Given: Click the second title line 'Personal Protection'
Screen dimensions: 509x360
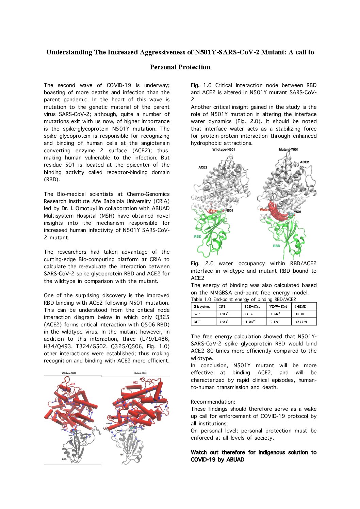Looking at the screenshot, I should pyautogui.click(x=180, y=67).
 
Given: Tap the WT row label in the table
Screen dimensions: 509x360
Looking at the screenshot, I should pyautogui.click(x=197, y=314).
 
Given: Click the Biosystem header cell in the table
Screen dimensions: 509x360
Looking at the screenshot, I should pyautogui.click(x=202, y=306).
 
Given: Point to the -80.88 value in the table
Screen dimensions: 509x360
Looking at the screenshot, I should pyautogui.click(x=299, y=314).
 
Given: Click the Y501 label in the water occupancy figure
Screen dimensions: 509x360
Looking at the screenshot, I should pyautogui.click(x=298, y=212).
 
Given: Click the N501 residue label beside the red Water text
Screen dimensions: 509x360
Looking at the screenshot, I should pyautogui.click(x=229, y=210).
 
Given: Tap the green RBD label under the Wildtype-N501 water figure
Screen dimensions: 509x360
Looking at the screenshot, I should pyautogui.click(x=198, y=236).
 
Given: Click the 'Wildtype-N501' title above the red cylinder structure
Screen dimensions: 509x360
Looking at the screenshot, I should pyautogui.click(x=69, y=373).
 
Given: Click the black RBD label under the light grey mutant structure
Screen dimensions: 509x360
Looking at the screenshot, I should pyautogui.click(x=122, y=455).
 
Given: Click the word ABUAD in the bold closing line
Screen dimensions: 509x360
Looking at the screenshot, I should pyautogui.click(x=235, y=460).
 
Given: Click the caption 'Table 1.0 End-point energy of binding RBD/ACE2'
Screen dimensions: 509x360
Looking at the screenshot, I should pyautogui.click(x=243, y=300).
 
